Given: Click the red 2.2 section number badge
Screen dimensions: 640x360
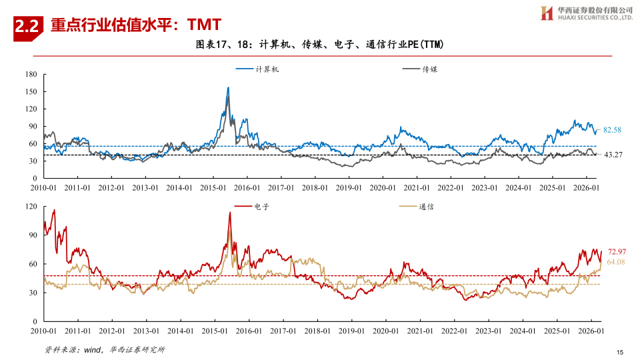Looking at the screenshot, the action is point(28,27).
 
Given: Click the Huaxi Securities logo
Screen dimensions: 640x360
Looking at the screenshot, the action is point(587,13).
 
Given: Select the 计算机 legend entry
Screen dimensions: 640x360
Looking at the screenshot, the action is point(257,69).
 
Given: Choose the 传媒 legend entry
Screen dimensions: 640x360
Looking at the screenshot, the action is point(420,69).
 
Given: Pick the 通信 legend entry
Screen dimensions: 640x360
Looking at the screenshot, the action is point(417,207).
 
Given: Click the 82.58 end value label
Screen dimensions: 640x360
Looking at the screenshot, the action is point(612,130).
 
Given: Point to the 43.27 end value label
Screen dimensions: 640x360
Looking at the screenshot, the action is point(613,155).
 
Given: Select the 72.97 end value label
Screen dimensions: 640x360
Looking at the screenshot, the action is point(617,252).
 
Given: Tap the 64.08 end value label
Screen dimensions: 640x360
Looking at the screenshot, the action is point(616,262).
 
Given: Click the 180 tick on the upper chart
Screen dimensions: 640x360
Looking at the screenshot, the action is point(31,74).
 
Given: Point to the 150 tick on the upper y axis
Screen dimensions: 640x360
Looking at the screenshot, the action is point(31,91).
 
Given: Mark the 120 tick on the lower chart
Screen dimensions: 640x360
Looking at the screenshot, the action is point(31,206).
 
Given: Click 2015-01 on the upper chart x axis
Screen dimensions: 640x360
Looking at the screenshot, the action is point(213,188).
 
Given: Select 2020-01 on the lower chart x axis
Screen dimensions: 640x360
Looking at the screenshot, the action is point(386,331).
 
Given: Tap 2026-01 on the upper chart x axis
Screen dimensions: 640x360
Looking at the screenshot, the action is point(586,188).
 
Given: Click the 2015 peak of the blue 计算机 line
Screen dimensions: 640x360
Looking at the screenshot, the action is point(228,87).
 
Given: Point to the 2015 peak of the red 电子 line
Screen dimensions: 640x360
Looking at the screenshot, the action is point(230,212).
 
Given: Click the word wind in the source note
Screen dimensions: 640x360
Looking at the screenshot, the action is point(92,350).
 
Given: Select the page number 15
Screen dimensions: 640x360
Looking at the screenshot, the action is point(620,352).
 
